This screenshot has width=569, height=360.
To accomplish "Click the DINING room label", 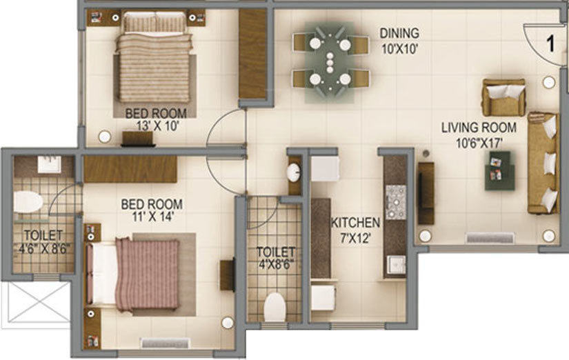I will coord(399,33).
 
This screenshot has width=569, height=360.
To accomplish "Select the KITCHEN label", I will coord(355,223).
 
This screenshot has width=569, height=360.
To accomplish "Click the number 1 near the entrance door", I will coord(550,43).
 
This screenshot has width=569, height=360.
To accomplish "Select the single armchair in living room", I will coord(503,97).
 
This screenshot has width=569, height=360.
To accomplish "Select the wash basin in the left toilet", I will coord(48,164).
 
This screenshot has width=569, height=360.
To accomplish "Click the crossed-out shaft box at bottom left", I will coord(36,303).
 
